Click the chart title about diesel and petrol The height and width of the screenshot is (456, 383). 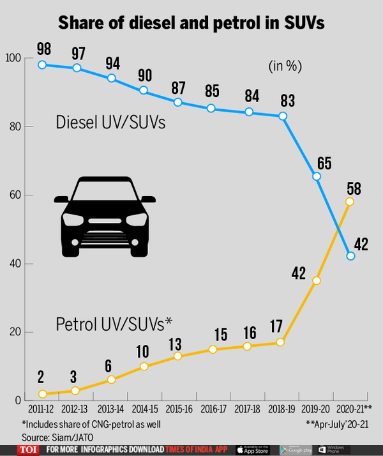(191, 23)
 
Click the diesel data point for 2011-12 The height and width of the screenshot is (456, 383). (42, 65)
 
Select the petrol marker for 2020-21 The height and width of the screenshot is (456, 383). (349, 201)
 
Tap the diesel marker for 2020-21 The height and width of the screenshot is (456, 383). (350, 256)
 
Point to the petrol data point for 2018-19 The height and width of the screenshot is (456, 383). (280, 343)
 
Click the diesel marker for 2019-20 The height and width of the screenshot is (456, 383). (316, 176)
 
